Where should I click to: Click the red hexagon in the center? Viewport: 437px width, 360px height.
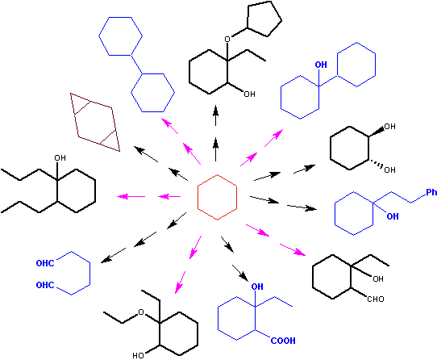(x=198, y=197)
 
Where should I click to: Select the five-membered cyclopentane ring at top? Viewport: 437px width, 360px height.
(x=281, y=20)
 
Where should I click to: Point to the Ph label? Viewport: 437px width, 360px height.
(x=431, y=192)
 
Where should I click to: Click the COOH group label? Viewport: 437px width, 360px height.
(x=283, y=341)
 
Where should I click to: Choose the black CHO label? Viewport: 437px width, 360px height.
(x=376, y=299)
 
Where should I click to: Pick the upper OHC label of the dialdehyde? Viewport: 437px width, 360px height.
(x=45, y=263)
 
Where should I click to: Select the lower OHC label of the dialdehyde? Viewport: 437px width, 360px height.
(x=45, y=285)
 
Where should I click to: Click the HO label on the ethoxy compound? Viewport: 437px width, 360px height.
(x=138, y=355)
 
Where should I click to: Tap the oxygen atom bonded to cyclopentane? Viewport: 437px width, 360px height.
(x=227, y=39)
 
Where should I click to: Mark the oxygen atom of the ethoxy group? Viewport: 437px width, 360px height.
(x=141, y=312)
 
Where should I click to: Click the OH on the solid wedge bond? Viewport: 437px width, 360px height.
(x=389, y=127)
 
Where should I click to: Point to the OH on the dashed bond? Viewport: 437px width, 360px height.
(x=389, y=170)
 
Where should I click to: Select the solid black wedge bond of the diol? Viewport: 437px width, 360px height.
(x=377, y=132)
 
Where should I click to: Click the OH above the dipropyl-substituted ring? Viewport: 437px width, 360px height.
(x=60, y=158)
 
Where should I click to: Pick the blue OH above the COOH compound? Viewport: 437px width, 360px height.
(x=257, y=287)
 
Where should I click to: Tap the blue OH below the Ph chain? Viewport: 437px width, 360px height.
(x=393, y=216)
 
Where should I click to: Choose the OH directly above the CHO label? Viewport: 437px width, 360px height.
(x=378, y=278)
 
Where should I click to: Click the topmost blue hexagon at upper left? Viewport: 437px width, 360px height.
(x=99, y=36)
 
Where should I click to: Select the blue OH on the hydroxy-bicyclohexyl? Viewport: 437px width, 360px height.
(x=321, y=65)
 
